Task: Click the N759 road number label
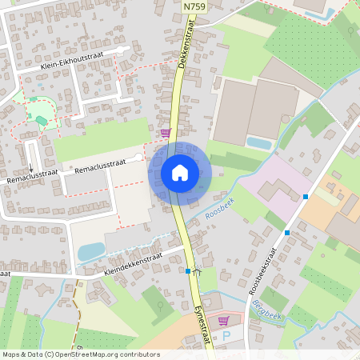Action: pos(193,6)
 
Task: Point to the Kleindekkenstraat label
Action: pos(133,265)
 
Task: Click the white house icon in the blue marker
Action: pos(180,173)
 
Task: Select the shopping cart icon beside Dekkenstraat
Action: pos(166,133)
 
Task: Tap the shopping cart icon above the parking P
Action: pos(223,321)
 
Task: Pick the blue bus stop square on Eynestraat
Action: pos(187,271)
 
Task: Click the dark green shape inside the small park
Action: pos(42,120)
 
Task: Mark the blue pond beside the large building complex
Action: pos(258,143)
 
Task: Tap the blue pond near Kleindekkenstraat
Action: pos(90,251)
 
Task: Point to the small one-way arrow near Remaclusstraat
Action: pos(31,169)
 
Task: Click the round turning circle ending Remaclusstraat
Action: pos(139,158)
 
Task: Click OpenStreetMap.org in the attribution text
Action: pos(95,354)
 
